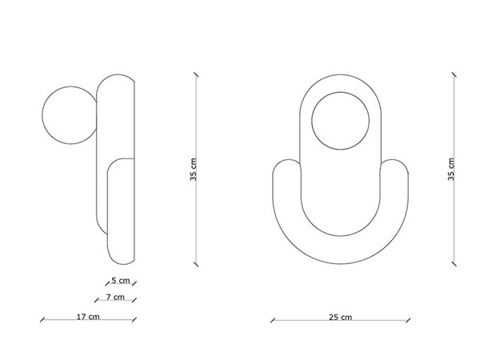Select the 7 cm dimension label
pyautogui.click(x=115, y=298)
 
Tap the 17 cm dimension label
pyautogui.click(x=88, y=317)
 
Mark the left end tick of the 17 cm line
pyautogui.click(x=42, y=322)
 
